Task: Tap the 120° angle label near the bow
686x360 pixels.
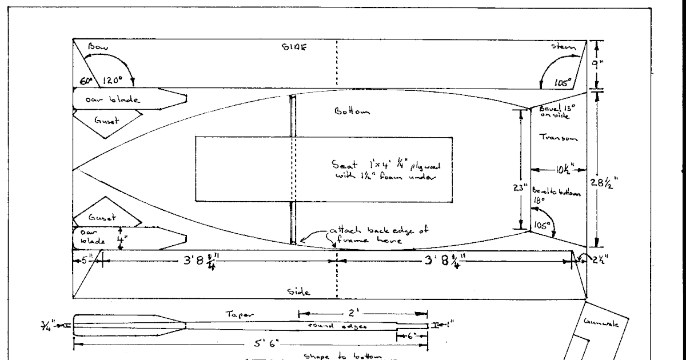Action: [x=113, y=81]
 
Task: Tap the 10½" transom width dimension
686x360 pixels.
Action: [x=560, y=169]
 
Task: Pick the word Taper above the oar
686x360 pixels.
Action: [x=235, y=315]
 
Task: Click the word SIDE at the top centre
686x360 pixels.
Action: [x=296, y=48]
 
